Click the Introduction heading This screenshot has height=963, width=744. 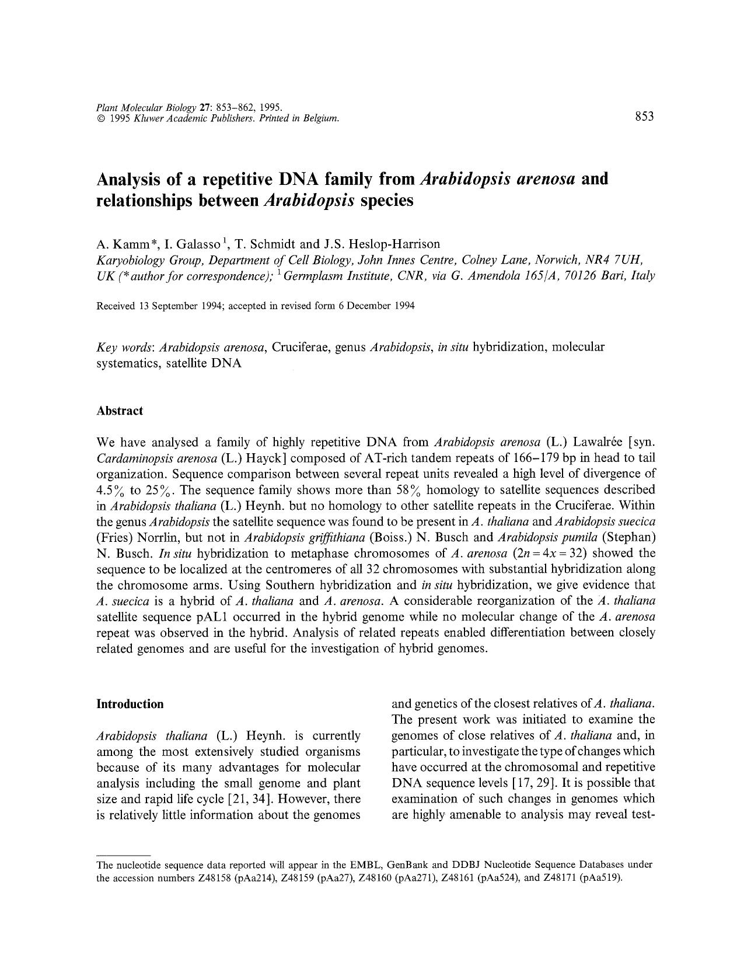click(x=130, y=704)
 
